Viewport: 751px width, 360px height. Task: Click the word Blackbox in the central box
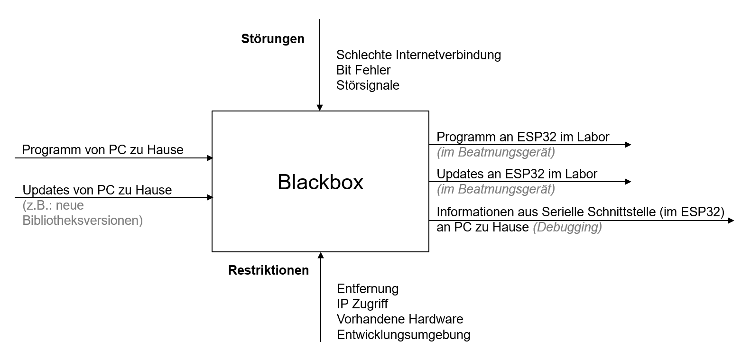320,182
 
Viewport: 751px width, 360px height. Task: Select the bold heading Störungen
273,39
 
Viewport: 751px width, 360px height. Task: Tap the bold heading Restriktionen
269,270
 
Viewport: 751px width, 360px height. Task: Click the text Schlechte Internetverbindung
418,55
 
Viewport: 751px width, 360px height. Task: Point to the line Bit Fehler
363,70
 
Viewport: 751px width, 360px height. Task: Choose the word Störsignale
368,85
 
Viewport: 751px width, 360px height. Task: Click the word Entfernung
368,289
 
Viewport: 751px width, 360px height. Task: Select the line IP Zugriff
362,304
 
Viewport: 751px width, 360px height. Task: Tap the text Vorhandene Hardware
400,319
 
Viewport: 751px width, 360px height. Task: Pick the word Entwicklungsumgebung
403,334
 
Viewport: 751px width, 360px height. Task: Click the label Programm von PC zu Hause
102,150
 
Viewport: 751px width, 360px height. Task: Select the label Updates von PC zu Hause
97,190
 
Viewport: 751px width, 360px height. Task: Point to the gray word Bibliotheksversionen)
83,221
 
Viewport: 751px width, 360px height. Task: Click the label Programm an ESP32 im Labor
523,137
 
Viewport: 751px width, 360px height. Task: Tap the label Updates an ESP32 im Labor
517,174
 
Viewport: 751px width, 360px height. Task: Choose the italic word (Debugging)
567,227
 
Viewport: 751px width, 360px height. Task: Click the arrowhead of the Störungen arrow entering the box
320,108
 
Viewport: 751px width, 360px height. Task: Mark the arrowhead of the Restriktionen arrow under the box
321,255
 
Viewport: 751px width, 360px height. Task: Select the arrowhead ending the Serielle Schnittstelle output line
731,221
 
